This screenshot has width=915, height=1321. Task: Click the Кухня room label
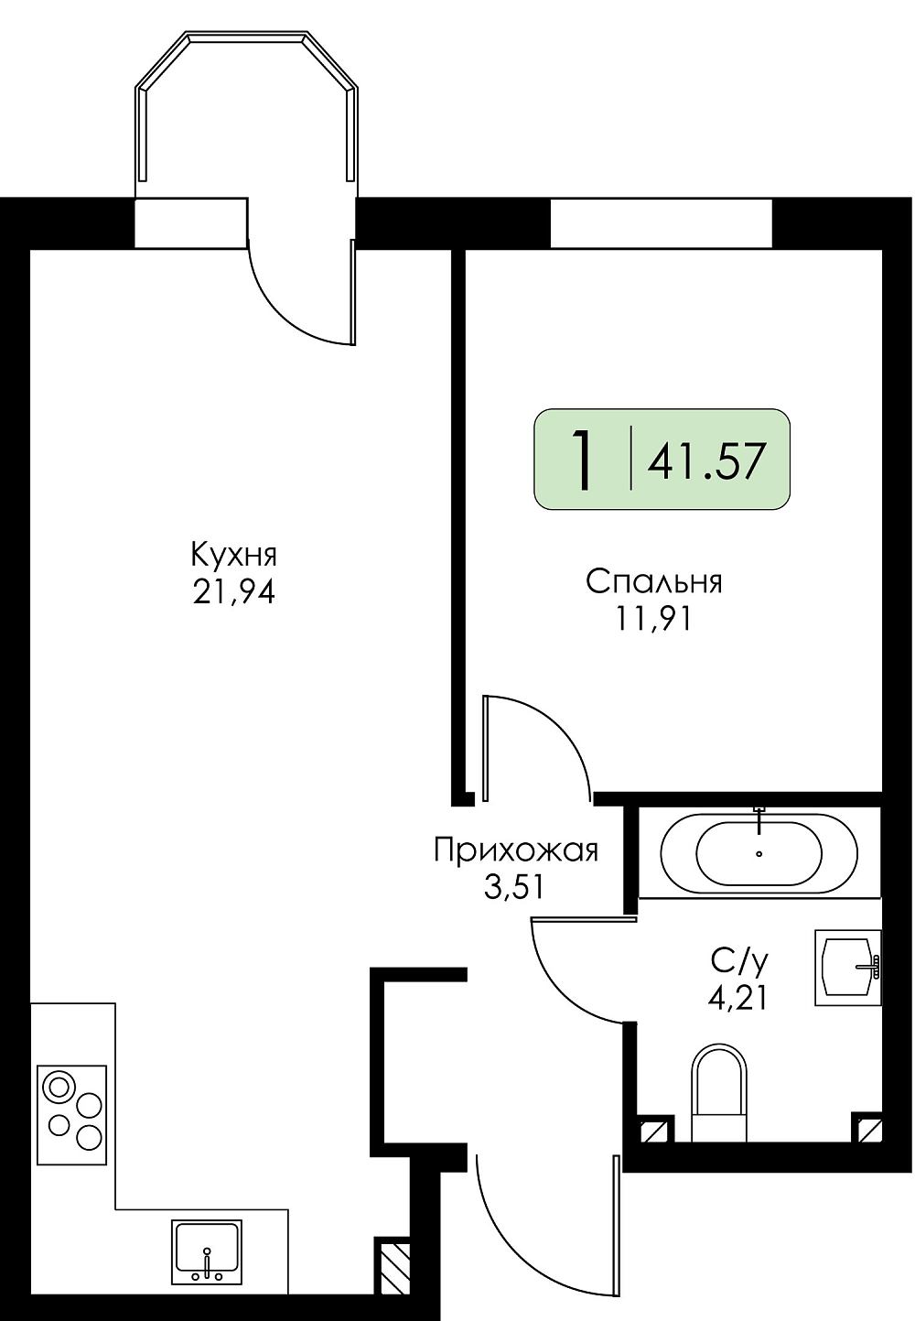point(234,556)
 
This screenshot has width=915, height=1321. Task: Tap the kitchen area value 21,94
point(234,592)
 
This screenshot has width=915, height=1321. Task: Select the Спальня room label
point(654,582)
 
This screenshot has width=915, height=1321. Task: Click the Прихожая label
point(516,851)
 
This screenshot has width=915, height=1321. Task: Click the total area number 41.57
point(706,460)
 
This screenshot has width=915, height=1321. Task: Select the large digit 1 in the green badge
point(583,460)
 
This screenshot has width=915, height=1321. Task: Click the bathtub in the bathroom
point(759,853)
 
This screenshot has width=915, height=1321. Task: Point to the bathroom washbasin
point(848,969)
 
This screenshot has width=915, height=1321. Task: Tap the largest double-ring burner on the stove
point(59,1086)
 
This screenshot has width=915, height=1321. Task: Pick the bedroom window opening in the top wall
point(661,223)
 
